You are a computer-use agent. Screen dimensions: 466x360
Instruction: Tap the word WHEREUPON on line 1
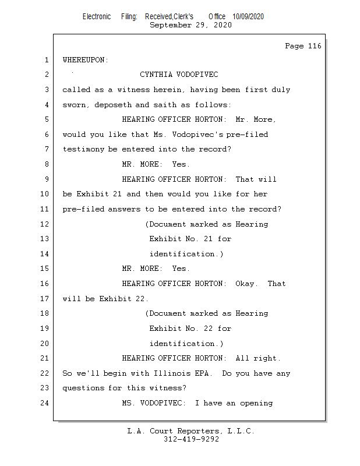coord(85,60)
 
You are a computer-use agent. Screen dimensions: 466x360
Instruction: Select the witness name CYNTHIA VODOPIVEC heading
coord(179,75)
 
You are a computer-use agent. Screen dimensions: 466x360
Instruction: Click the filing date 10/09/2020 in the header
coord(248,17)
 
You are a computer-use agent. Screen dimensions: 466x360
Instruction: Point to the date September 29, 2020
coord(190,25)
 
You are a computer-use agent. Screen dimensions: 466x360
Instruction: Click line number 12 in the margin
coord(45,224)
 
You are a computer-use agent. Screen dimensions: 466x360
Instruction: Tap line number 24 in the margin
coord(45,403)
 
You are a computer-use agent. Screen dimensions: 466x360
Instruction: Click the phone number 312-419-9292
coord(191,440)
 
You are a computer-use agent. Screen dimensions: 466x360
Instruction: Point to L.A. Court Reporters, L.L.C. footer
coord(191,431)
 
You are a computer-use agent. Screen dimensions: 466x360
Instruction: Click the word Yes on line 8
coord(181,164)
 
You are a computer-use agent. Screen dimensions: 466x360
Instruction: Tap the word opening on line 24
coord(256,403)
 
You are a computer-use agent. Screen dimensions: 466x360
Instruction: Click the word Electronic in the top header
coord(96,17)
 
